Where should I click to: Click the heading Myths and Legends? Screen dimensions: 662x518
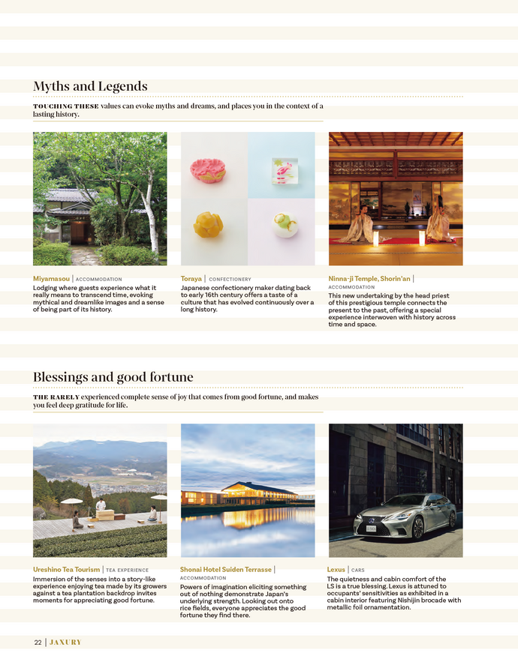tap(90, 86)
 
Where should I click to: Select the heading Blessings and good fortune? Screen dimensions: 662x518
tap(113, 377)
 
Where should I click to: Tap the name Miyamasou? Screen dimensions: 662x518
tap(51, 279)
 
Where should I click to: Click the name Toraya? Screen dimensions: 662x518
tap(191, 279)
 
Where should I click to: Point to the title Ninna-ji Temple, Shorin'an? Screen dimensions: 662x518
tap(369, 279)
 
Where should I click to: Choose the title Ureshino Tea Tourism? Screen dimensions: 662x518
tap(66, 570)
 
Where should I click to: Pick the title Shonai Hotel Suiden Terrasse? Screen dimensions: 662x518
tap(226, 570)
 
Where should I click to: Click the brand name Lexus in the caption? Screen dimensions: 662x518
tap(336, 570)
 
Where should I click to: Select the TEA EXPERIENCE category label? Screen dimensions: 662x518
tap(127, 571)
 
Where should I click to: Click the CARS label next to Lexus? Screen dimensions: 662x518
tap(358, 571)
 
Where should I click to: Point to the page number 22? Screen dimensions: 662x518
tap(38, 643)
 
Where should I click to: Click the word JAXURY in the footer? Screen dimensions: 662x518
tap(65, 643)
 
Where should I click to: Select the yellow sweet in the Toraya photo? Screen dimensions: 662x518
tap(209, 223)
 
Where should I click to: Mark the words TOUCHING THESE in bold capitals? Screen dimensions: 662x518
tap(65, 106)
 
